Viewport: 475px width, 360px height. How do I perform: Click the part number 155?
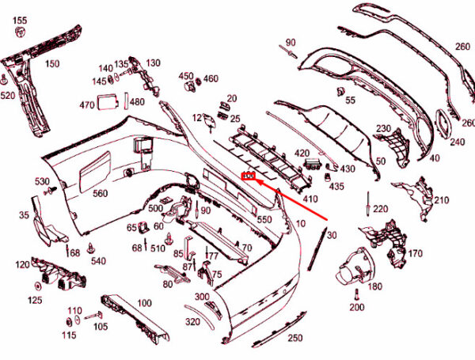tap(20, 20)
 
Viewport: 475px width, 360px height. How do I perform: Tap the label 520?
tap(8, 96)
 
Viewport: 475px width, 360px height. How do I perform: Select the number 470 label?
tap(86, 105)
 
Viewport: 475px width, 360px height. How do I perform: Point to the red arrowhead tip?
tap(253, 179)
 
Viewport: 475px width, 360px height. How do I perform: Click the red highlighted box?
tap(248, 176)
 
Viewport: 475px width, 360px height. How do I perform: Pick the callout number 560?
tap(100, 194)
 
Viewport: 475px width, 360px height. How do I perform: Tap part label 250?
tap(294, 339)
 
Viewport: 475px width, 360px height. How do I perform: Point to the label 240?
tap(457, 142)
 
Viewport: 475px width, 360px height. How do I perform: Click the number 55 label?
tap(350, 100)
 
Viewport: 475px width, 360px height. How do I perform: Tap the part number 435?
tap(336, 187)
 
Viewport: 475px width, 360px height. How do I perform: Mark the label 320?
tap(192, 322)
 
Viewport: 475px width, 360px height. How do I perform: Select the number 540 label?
tap(98, 260)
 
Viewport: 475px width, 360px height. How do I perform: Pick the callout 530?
tap(41, 182)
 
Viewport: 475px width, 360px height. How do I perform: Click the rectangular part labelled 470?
tap(107, 100)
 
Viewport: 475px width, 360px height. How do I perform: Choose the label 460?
tap(211, 78)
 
